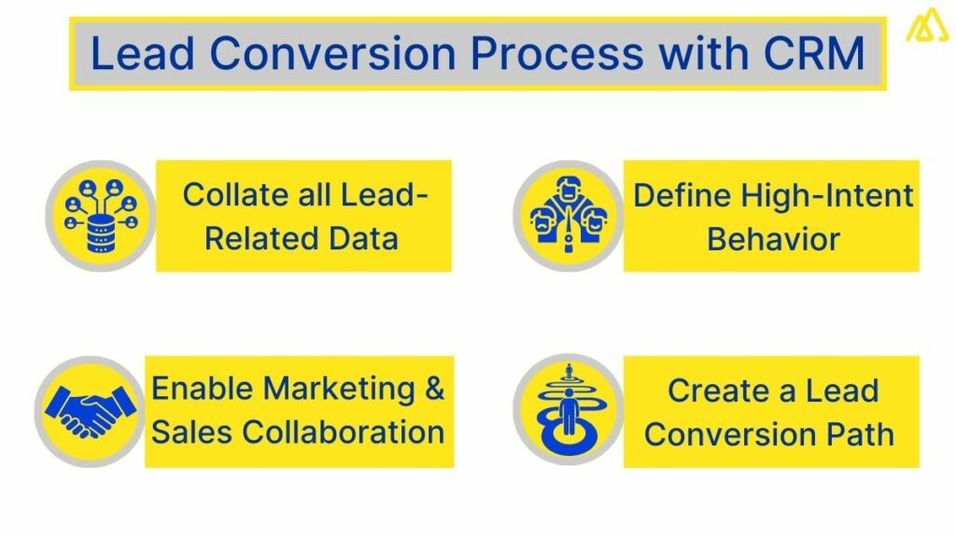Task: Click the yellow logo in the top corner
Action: [x=926, y=25]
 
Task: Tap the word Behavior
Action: [x=773, y=238]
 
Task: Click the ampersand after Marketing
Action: [x=434, y=389]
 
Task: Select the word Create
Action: [x=710, y=389]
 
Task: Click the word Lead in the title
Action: [x=141, y=53]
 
